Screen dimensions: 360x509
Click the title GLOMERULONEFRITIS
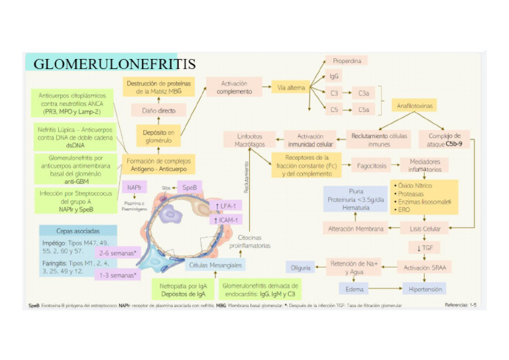tap(114, 64)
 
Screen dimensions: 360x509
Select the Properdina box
tap(347, 60)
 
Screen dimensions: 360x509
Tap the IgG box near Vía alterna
tap(335, 77)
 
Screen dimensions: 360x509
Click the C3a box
tap(364, 93)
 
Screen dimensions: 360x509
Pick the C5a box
tap(364, 109)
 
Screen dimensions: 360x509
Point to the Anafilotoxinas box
tap(416, 105)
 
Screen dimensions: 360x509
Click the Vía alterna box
tap(290, 88)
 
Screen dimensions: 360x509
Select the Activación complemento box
tap(234, 88)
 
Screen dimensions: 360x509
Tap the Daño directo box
tap(158, 110)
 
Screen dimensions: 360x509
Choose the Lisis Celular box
tap(425, 229)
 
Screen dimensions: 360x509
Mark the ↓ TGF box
tap(424, 247)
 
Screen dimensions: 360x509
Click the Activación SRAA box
tap(424, 268)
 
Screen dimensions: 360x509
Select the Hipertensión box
tap(424, 288)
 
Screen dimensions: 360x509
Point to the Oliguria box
tap(300, 267)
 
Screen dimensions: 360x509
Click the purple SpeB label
tap(189, 188)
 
